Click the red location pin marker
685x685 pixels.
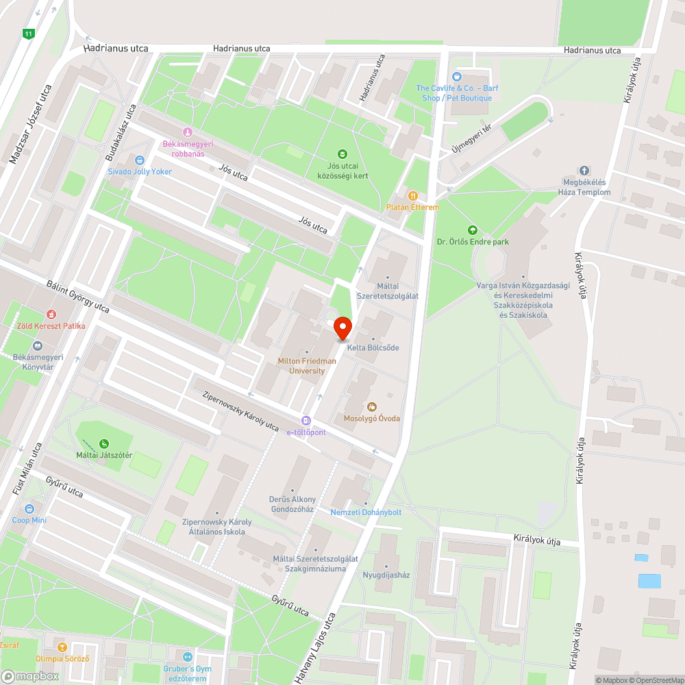point(342,329)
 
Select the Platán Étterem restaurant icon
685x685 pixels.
point(413,196)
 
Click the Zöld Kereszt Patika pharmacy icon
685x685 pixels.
point(51,314)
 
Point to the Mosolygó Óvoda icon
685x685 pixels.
point(372,407)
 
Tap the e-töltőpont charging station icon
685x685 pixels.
point(306,421)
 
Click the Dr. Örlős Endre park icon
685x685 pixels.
point(472,230)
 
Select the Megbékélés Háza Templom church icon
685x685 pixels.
point(584,171)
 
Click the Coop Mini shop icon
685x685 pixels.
point(29,509)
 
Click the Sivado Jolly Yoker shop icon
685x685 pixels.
point(140,160)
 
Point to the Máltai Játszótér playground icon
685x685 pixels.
point(104,444)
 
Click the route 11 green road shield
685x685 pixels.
point(28,34)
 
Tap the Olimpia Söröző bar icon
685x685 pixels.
point(62,647)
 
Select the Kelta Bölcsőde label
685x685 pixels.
point(373,347)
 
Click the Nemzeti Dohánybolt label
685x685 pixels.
point(366,512)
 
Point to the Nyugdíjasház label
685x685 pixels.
point(386,575)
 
